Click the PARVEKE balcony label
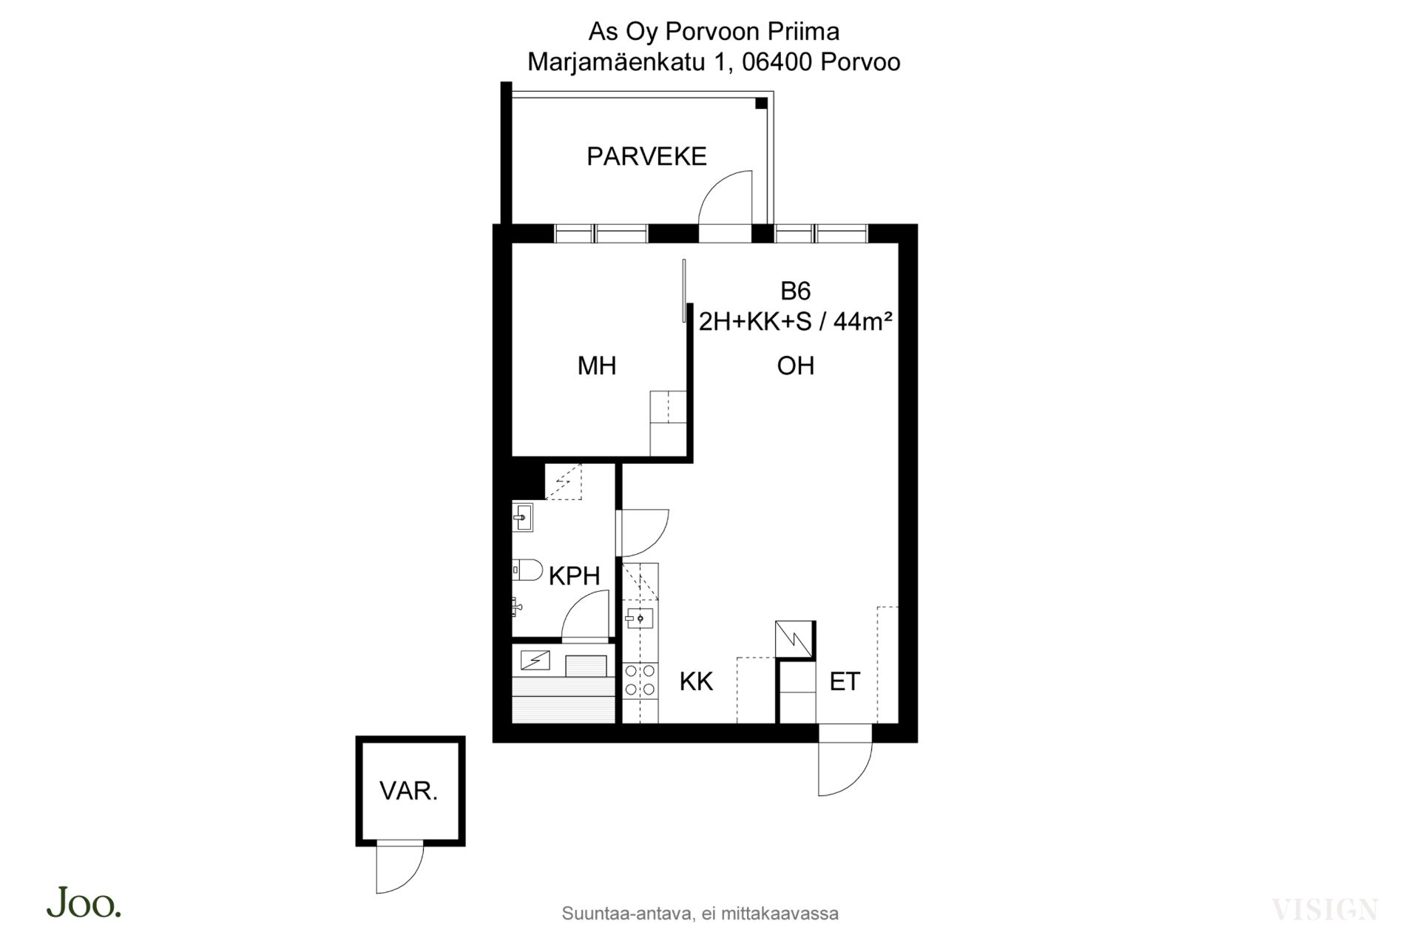pos(646,156)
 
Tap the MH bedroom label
pos(597,365)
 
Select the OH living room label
pos(796,365)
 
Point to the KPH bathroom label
pos(574,576)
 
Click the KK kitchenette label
pos(696,681)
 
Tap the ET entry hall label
pos(845,681)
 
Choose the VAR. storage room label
pos(409,791)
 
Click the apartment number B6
pos(796,291)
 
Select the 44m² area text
pos(862,322)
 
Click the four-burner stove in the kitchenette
pos(640,680)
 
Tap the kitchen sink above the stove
pos(638,618)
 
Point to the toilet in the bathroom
pos(527,570)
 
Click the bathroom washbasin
pos(523,517)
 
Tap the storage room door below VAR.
pos(400,868)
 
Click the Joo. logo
pos(84,903)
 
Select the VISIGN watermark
pos(1325,909)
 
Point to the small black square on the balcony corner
pos(761,104)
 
